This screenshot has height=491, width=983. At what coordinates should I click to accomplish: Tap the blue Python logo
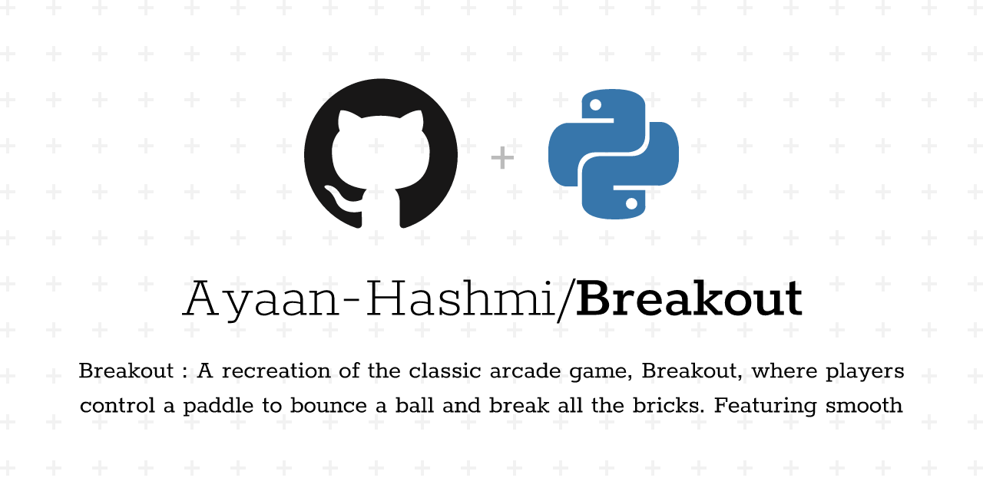pyautogui.click(x=614, y=154)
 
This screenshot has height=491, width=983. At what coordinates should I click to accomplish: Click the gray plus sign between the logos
pyautogui.click(x=502, y=158)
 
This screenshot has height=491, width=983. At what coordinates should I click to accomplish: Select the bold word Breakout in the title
pyautogui.click(x=689, y=299)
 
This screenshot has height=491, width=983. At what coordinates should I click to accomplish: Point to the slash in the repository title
pyautogui.click(x=567, y=301)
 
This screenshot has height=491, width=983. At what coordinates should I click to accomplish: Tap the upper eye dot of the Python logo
pyautogui.click(x=595, y=105)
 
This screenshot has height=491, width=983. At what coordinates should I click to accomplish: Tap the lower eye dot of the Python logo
pyautogui.click(x=631, y=203)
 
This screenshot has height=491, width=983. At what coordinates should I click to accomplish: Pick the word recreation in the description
pyautogui.click(x=276, y=371)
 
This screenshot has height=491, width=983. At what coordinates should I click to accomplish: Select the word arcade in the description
pyautogui.click(x=525, y=371)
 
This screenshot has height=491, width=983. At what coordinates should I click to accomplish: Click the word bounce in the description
pyautogui.click(x=328, y=406)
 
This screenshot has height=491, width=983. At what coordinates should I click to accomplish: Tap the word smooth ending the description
pyautogui.click(x=864, y=406)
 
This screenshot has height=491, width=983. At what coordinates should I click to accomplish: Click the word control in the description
pyautogui.click(x=117, y=406)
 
